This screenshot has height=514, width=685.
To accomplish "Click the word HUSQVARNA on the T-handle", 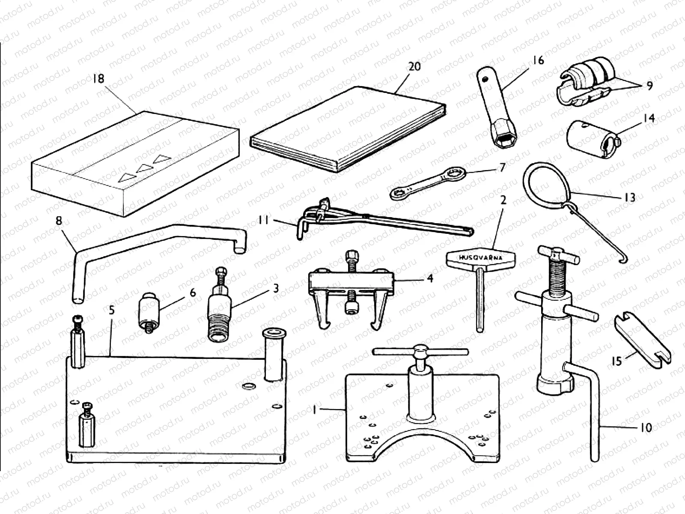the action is (480, 258).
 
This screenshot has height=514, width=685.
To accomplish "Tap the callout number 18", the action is (98, 79).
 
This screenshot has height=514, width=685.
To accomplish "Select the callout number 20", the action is (414, 66).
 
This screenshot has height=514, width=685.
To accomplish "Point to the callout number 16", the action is (538, 60).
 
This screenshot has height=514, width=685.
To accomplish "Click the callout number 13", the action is (630, 197).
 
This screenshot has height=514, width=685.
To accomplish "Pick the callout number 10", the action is (646, 427).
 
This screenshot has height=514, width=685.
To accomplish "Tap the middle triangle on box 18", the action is (144, 168).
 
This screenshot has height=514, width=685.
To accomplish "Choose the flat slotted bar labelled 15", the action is (642, 340).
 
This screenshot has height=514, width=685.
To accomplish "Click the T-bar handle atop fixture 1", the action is (420, 351).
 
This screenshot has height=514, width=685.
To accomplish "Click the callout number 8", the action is (59, 221).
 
